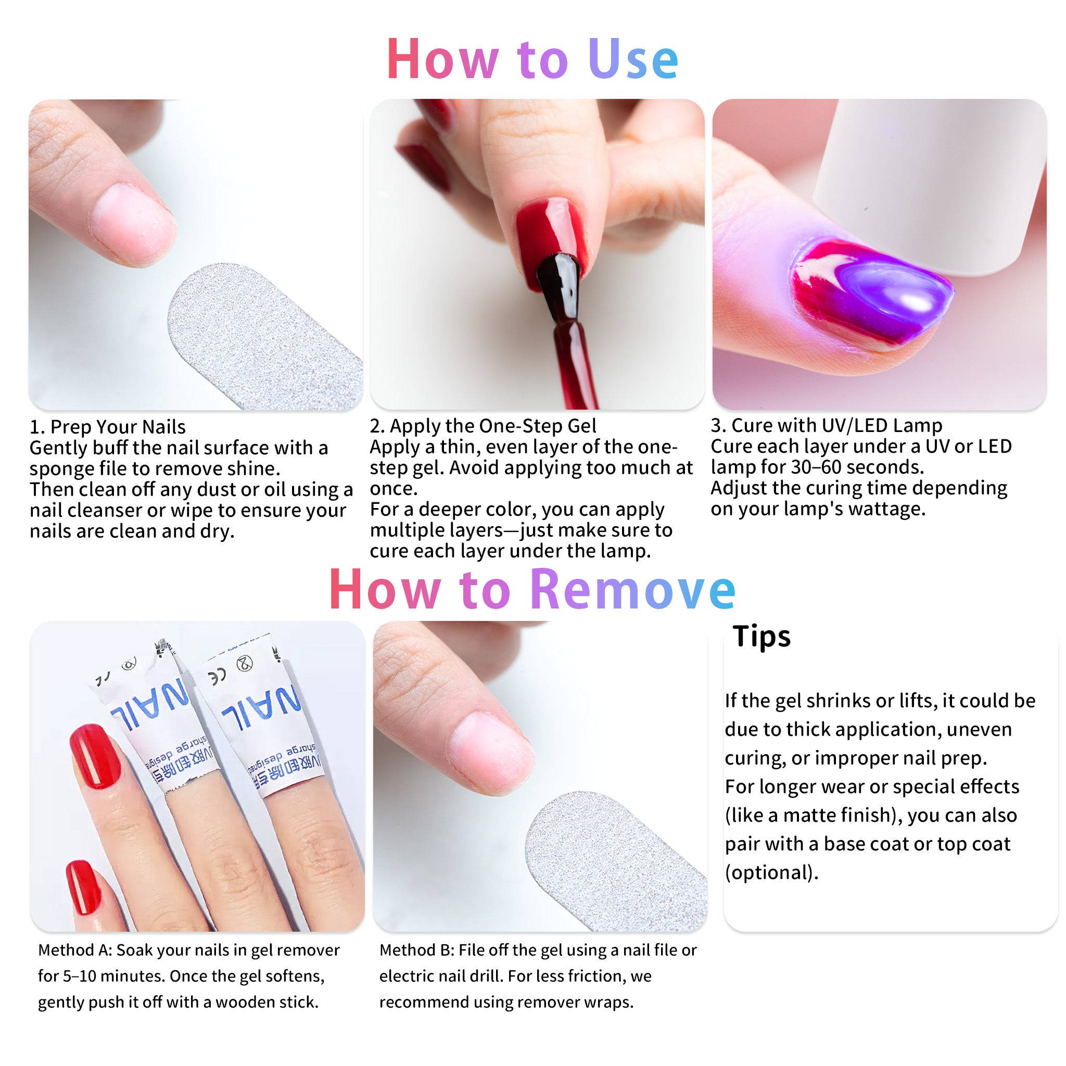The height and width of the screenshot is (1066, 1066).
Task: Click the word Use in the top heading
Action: click(633, 59)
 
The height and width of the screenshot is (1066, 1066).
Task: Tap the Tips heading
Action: click(762, 636)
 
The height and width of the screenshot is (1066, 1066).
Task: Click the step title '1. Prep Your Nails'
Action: click(108, 427)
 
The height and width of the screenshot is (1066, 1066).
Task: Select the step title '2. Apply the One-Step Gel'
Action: click(483, 426)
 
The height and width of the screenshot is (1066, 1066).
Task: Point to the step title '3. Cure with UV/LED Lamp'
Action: click(826, 425)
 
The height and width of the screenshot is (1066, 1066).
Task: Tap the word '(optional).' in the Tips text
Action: click(771, 872)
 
